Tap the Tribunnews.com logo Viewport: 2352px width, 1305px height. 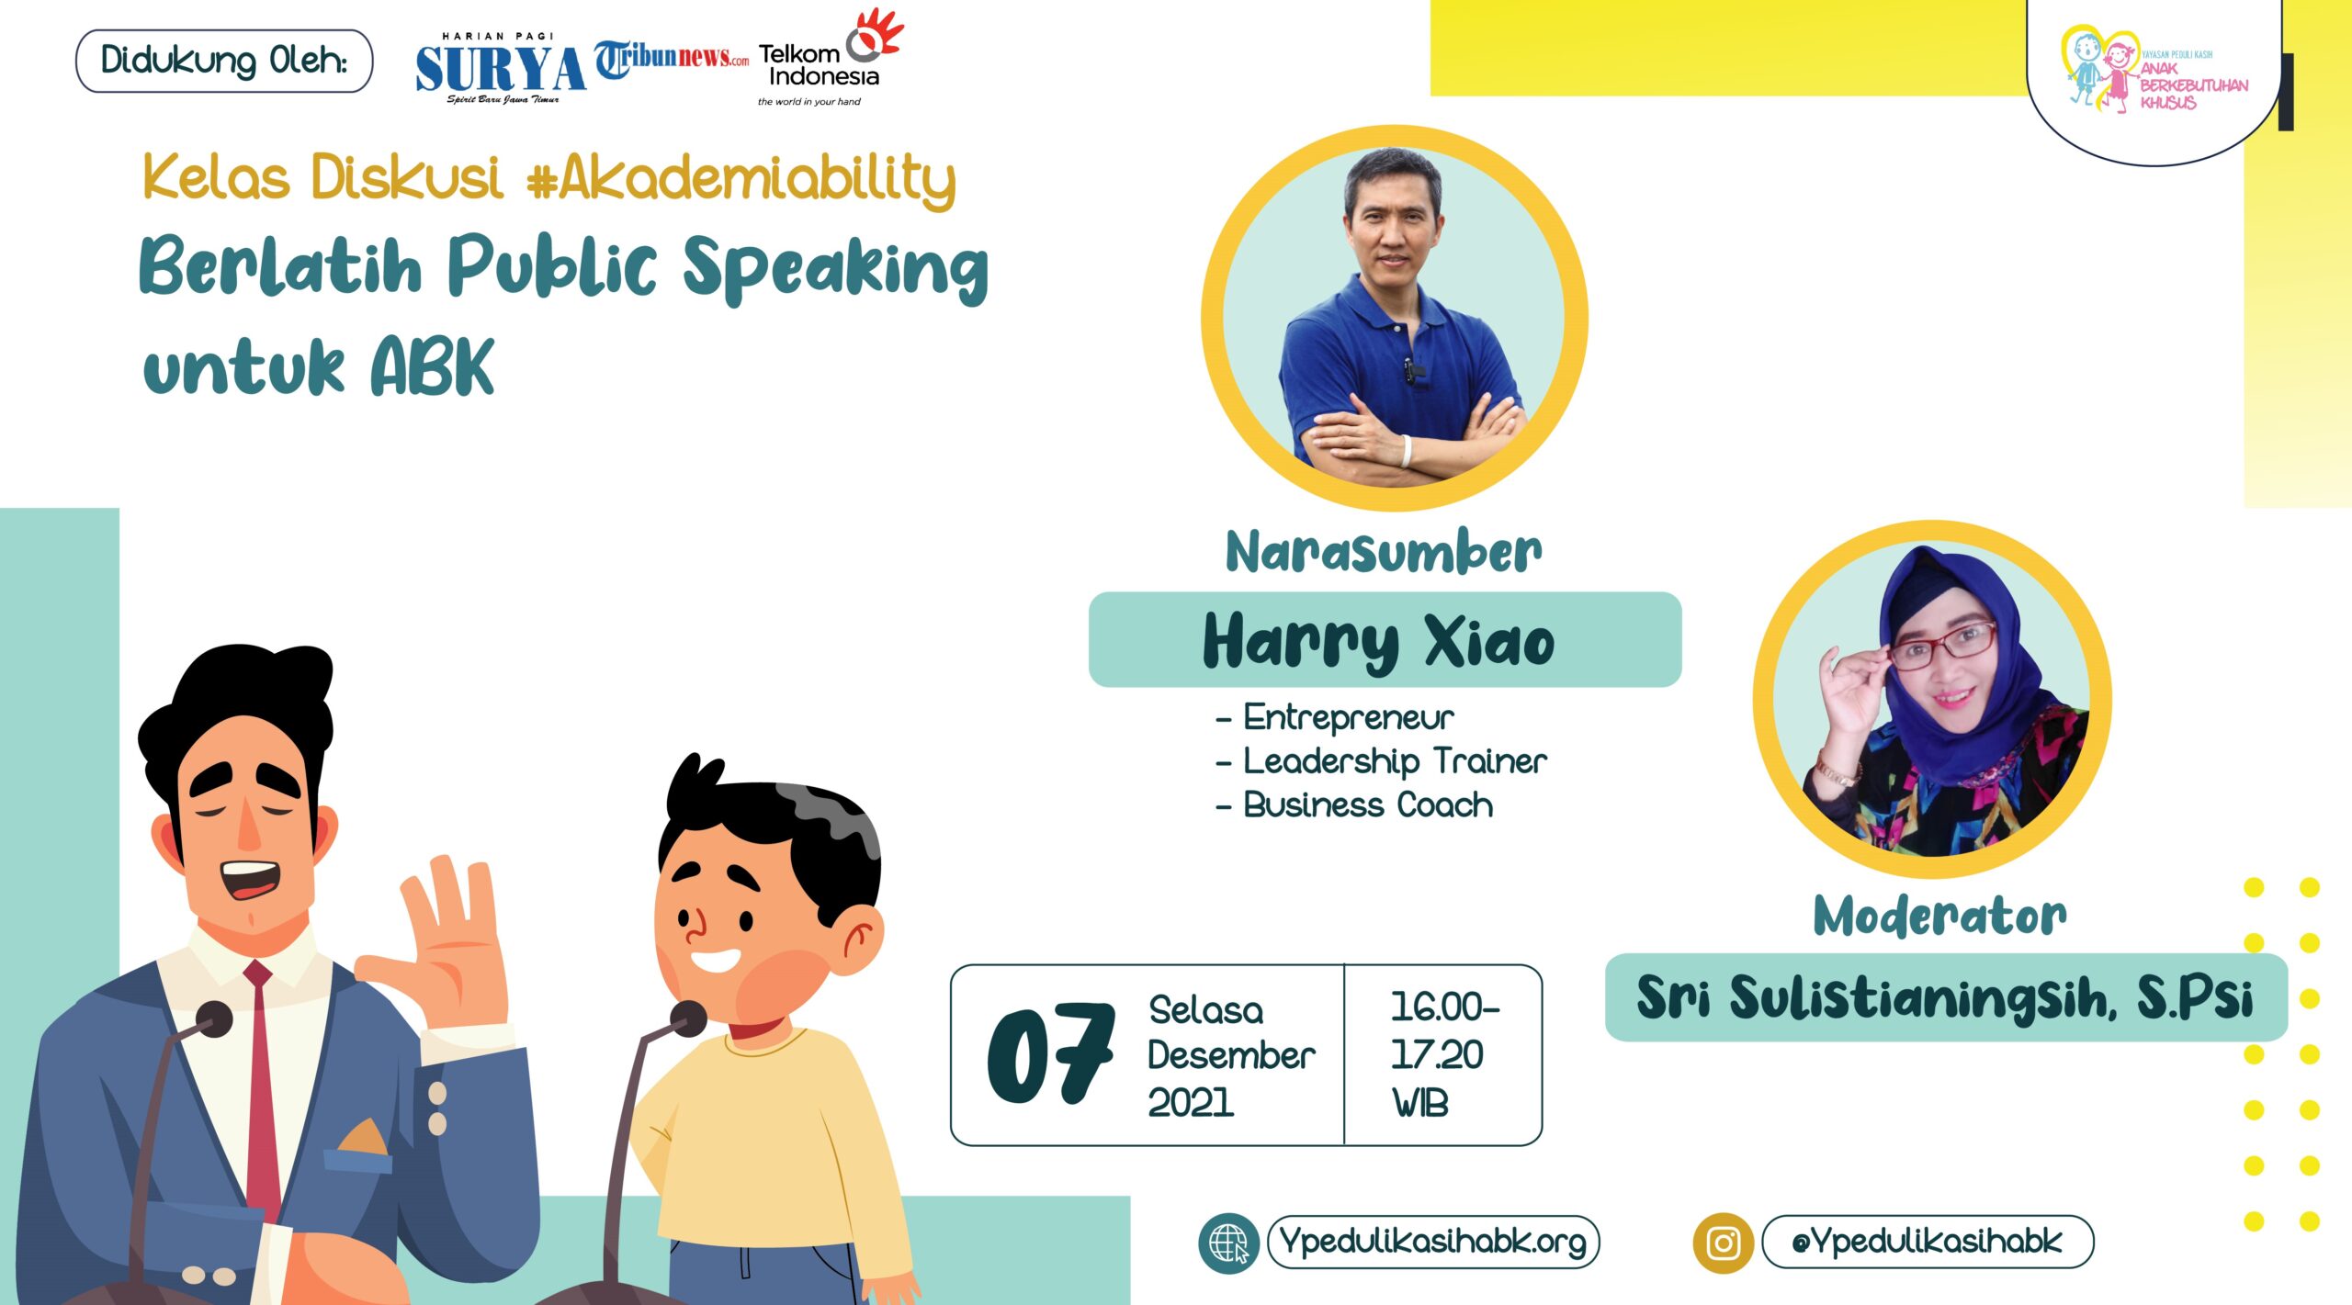click(671, 59)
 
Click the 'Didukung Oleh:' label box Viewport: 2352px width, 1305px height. click(224, 62)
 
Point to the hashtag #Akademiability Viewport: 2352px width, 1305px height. click(741, 177)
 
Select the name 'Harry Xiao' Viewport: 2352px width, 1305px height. click(1379, 641)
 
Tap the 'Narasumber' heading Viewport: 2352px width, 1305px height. click(1385, 551)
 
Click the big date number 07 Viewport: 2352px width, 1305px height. click(1050, 1055)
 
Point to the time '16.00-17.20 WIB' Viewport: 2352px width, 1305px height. click(1442, 1054)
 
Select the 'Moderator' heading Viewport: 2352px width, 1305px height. click(1939, 916)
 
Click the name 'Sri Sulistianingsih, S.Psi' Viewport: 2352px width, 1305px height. click(1944, 997)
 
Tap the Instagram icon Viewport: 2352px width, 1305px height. click(1723, 1243)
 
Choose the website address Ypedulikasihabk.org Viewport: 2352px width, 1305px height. click(1433, 1242)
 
